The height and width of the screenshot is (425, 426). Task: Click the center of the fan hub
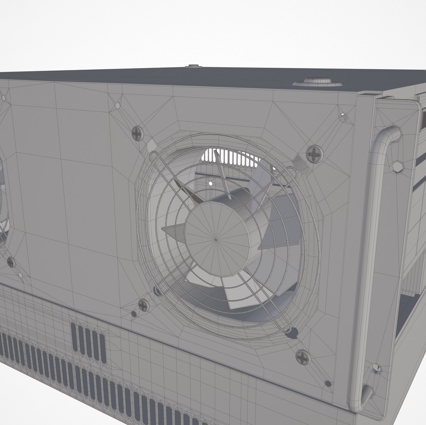216,239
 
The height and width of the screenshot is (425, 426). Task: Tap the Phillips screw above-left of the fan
137,133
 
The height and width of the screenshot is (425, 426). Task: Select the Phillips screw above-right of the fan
314,153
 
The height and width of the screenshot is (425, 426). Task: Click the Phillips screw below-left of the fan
143,305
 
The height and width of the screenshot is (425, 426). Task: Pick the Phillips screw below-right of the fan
303,357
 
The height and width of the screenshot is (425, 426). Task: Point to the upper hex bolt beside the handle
397,166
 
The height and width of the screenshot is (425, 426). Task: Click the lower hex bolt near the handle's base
376,368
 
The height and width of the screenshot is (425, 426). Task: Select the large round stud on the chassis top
318,82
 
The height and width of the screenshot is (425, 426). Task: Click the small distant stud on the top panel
193,66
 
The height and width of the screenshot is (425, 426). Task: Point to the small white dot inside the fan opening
211,183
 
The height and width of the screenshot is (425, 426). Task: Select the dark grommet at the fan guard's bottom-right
292,333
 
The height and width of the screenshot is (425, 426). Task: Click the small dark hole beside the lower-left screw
134,314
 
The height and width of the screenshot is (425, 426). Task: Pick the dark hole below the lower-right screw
328,383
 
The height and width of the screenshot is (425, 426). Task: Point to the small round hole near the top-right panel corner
343,117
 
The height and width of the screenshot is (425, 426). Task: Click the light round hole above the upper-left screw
117,105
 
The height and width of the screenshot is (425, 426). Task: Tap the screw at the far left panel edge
11,262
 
